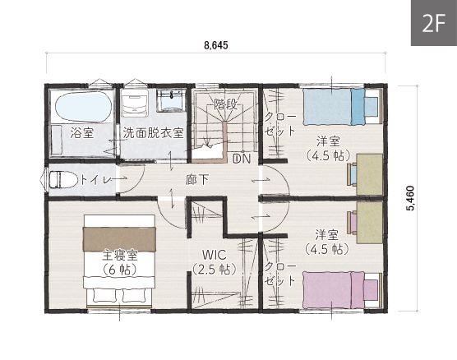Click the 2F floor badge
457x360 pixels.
[434, 23]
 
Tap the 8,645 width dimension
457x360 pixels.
[216, 45]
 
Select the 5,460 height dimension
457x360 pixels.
[411, 198]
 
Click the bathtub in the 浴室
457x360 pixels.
[83, 107]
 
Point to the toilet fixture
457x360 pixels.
[63, 179]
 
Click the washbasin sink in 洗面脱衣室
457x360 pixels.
[171, 101]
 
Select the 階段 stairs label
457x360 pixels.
[225, 104]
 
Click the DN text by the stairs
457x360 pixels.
[242, 159]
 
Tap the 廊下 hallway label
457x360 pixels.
[196, 180]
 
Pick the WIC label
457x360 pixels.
[215, 255]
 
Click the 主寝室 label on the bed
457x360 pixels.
[120, 256]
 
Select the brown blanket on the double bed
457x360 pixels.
[119, 239]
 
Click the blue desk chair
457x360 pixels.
[352, 174]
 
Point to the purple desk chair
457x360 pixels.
[352, 223]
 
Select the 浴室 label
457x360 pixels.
[82, 133]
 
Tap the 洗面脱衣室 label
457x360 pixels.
[153, 133]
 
